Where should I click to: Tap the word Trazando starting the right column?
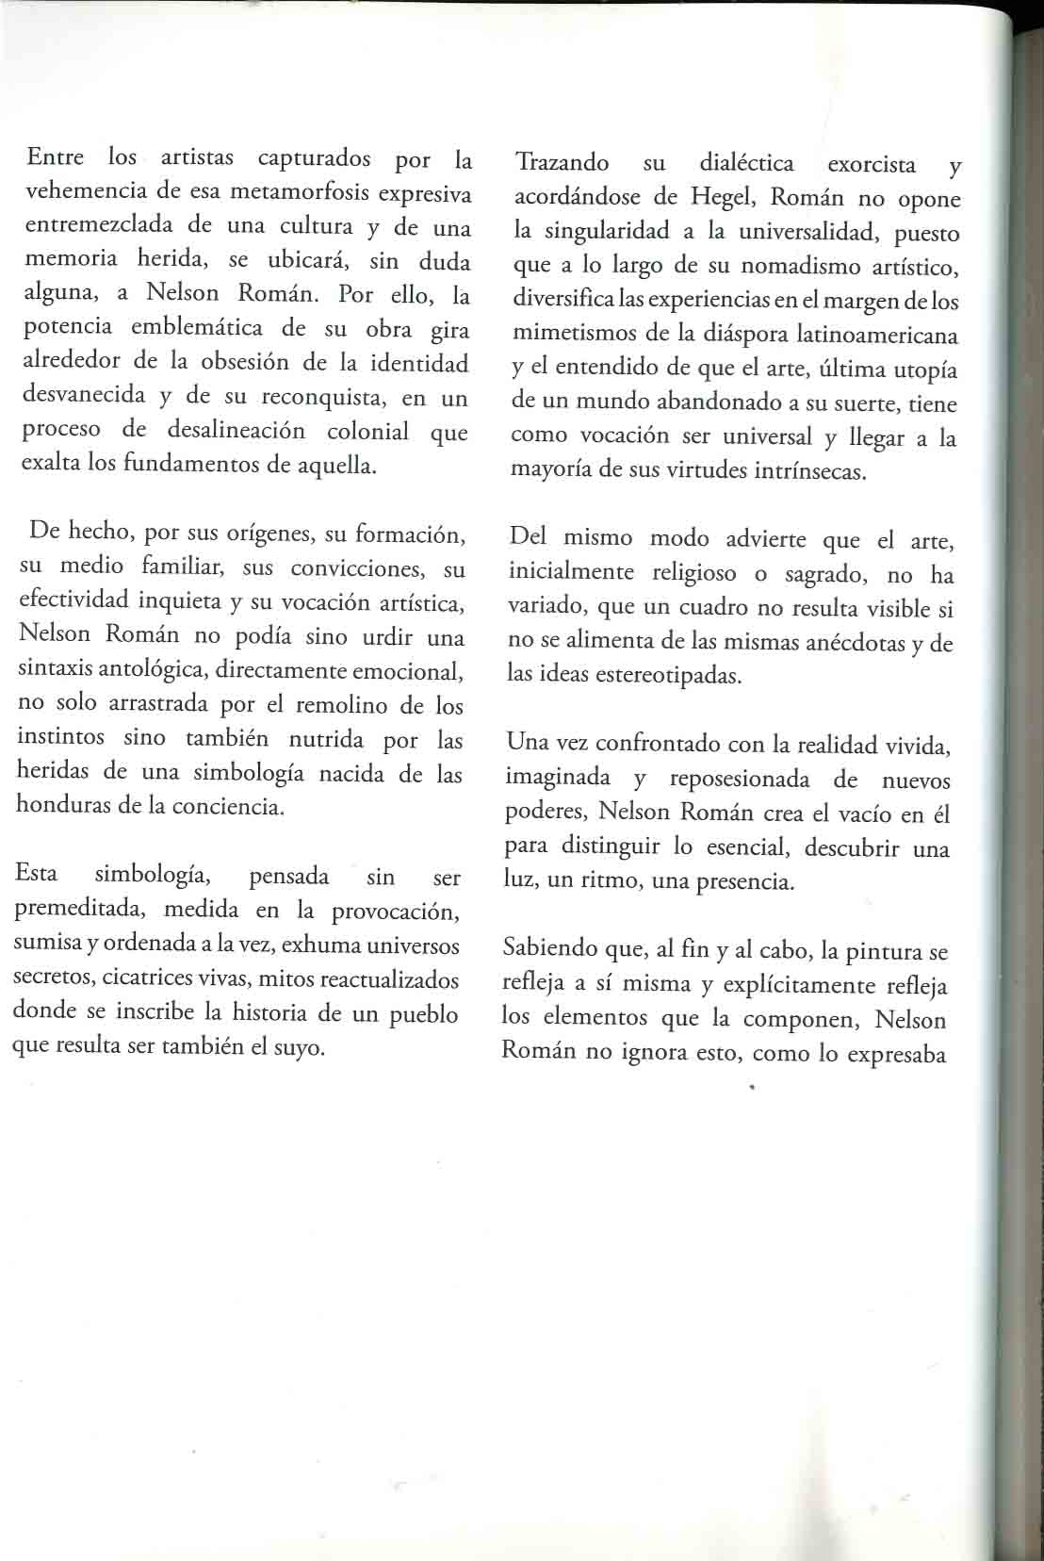click(563, 163)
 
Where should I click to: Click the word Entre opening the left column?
click(55, 156)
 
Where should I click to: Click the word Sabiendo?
click(550, 947)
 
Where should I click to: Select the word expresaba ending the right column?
click(896, 1054)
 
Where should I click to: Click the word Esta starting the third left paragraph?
click(37, 874)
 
